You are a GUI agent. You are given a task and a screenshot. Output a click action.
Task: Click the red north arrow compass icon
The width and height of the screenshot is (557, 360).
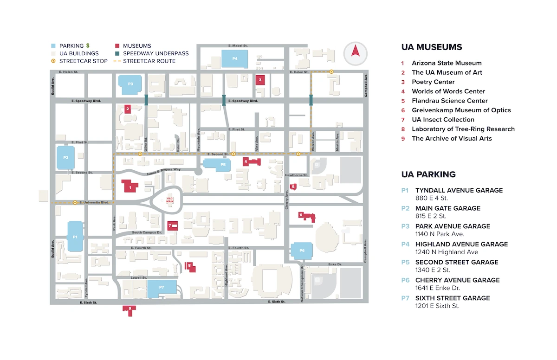355,52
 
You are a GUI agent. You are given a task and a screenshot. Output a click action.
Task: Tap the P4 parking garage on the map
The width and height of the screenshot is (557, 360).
234,59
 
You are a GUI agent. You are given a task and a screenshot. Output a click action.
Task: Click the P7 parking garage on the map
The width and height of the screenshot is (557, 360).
162,288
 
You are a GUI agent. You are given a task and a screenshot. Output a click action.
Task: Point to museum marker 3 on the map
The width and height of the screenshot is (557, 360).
260,80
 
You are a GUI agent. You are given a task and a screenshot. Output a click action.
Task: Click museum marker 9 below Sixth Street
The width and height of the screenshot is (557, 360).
130,309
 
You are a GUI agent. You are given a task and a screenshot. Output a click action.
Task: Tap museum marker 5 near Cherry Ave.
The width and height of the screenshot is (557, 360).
293,187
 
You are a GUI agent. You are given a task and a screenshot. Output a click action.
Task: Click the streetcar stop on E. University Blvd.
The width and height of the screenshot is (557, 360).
75,202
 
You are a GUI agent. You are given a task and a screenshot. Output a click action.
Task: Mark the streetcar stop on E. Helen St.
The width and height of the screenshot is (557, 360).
331,71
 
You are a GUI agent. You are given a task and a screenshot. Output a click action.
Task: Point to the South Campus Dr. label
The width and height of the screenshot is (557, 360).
146,232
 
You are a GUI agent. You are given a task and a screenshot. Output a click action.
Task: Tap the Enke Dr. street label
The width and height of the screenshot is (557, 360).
335,264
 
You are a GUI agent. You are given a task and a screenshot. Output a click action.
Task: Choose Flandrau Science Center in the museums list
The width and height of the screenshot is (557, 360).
449,101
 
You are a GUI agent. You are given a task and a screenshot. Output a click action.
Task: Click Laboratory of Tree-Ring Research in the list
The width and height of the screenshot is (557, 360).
463,129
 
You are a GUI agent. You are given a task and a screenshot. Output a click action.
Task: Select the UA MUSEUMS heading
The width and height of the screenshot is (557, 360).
431,47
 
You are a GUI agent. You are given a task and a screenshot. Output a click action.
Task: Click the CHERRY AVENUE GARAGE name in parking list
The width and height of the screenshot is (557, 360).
457,280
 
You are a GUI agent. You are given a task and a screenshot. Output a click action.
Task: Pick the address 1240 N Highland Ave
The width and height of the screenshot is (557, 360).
447,252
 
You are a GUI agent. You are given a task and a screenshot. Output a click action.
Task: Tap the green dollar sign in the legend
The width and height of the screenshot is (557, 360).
88,46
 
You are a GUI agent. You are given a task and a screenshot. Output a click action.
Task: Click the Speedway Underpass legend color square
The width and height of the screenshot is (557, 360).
118,53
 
